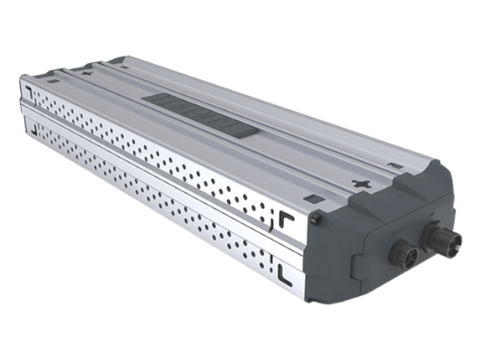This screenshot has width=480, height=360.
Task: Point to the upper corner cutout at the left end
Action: click(x=26, y=92)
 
